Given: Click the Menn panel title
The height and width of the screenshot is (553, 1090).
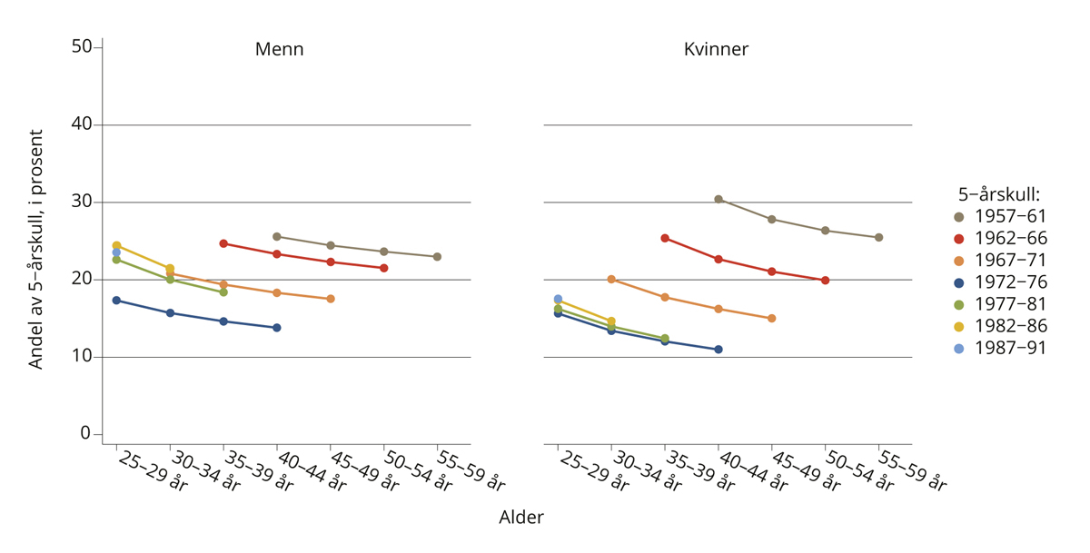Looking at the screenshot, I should tap(279, 49).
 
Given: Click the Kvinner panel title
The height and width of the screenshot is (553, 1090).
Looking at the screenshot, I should tap(716, 49).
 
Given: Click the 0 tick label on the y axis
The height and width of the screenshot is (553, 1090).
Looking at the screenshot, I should tap(86, 434).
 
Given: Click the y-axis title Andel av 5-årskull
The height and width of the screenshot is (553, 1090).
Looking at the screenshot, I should tap(36, 249).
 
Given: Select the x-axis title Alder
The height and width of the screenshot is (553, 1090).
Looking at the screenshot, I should tap(521, 518).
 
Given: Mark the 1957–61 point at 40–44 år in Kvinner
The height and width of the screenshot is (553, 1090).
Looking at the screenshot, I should tap(718, 199).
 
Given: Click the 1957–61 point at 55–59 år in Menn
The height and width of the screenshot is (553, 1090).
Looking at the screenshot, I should tap(437, 257).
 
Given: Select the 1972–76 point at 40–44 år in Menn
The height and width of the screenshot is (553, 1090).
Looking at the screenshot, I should tap(277, 328).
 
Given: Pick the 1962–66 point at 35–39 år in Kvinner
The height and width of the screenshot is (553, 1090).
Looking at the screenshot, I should tap(665, 238).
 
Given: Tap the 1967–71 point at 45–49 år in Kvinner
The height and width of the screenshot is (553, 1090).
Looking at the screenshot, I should tap(771, 319).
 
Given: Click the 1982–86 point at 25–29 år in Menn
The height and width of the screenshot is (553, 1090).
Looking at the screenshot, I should tap(116, 245).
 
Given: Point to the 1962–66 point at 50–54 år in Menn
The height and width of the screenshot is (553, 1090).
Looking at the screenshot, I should tap(384, 268).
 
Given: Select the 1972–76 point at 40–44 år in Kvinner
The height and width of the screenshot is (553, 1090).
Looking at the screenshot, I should tap(718, 350).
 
